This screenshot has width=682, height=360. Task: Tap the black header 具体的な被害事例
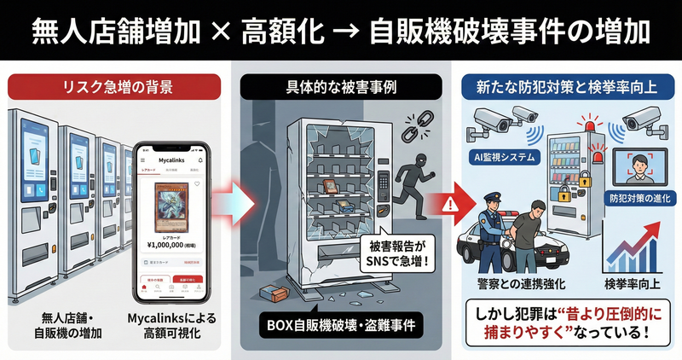341,86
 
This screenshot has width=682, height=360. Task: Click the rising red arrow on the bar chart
636,242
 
